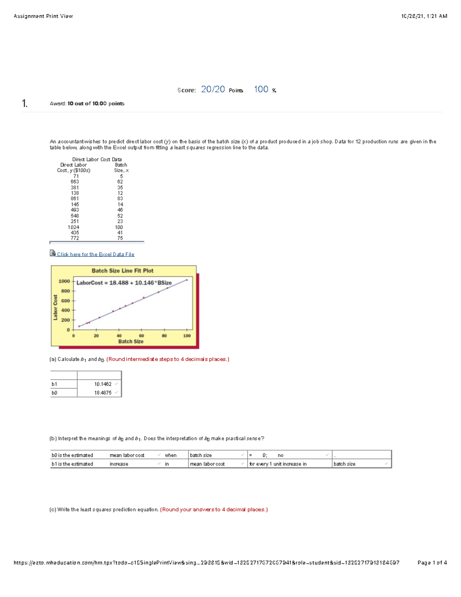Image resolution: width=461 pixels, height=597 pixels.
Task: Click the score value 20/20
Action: coord(213,90)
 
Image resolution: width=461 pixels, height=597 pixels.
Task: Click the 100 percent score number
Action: coord(261,90)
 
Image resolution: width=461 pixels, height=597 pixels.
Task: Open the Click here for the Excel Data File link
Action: coord(95,254)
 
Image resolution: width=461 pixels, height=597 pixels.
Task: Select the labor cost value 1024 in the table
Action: coord(73,227)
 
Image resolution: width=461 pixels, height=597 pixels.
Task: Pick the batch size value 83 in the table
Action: coord(120,199)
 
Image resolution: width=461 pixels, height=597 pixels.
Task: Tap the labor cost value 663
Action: coord(75,182)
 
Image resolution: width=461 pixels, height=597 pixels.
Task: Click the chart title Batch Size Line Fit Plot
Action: coord(123,271)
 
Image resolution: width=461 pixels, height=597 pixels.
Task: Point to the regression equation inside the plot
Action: coord(124,283)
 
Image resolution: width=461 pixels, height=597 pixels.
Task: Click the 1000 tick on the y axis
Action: coord(64,281)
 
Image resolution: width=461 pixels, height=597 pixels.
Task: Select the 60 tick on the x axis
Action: coord(141,336)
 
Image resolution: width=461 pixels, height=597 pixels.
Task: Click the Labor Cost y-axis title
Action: coord(55,307)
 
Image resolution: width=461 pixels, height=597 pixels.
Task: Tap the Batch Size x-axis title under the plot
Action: coord(131,341)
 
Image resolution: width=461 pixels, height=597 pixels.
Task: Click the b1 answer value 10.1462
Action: coord(103,384)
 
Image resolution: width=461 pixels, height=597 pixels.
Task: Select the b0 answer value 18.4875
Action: coord(103,393)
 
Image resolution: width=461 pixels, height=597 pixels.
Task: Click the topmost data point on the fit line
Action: coord(187,280)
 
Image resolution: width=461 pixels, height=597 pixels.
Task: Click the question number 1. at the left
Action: coord(25,103)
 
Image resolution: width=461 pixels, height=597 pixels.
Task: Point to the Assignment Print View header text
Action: coord(43,16)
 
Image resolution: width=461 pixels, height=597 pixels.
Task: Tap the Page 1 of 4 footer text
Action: coord(432,563)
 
